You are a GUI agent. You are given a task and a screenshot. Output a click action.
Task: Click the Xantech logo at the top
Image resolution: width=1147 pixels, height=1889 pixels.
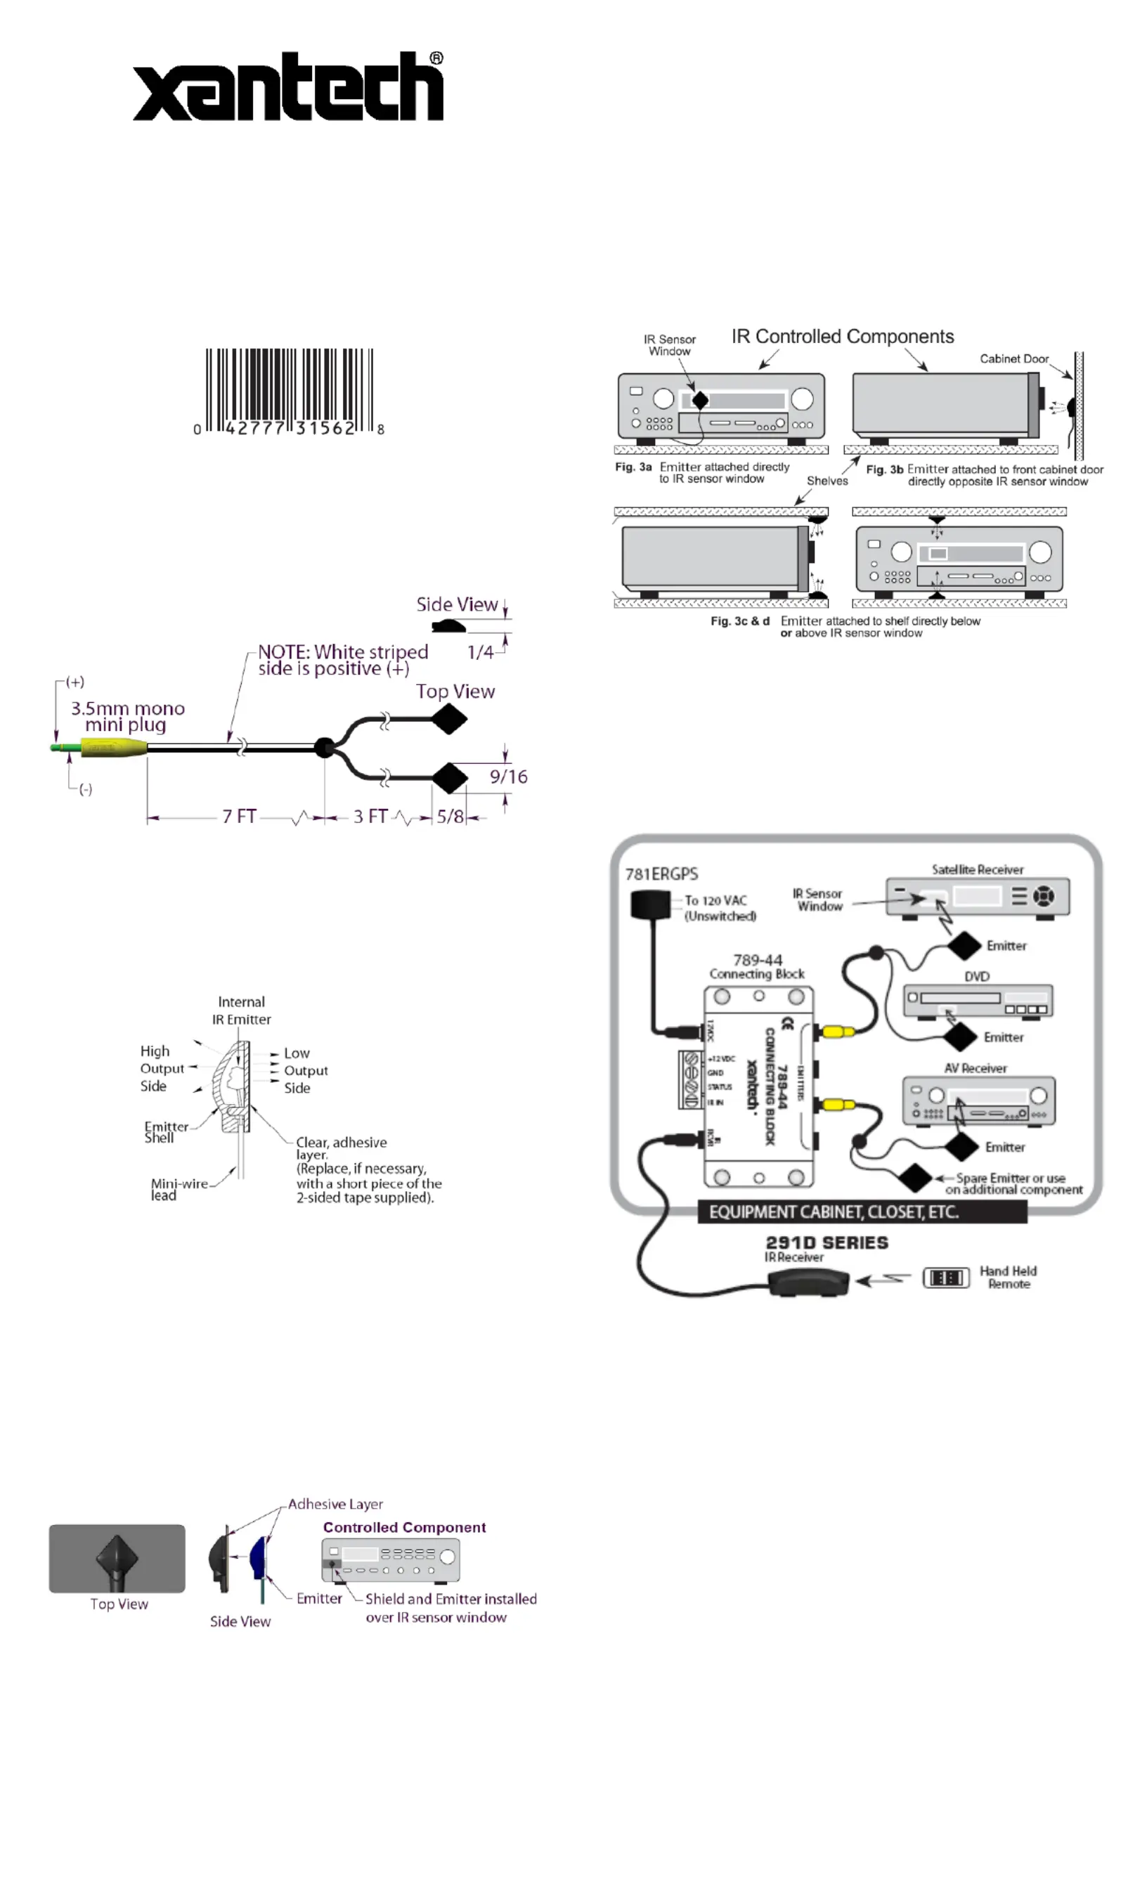pyautogui.click(x=287, y=86)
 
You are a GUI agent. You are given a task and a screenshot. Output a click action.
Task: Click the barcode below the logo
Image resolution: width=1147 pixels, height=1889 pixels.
pyautogui.click(x=289, y=389)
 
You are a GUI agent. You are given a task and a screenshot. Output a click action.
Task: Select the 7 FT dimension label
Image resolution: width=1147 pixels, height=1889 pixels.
pyautogui.click(x=239, y=817)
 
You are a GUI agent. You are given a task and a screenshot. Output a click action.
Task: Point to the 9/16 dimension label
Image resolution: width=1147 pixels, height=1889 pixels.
pyautogui.click(x=508, y=777)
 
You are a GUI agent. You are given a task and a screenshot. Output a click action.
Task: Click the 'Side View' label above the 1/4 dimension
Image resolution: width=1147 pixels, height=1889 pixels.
pyautogui.click(x=457, y=605)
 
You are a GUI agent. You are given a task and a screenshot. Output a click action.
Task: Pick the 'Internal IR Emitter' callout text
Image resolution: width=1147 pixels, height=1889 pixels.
pyautogui.click(x=242, y=1011)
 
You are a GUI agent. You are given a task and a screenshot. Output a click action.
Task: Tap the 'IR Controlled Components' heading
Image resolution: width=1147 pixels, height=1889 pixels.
pyautogui.click(x=842, y=337)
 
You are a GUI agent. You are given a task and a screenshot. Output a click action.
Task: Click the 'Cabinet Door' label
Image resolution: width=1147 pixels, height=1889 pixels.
pyautogui.click(x=1013, y=359)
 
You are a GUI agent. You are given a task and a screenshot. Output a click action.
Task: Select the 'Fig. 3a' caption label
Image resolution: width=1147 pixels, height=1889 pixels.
pyautogui.click(x=633, y=467)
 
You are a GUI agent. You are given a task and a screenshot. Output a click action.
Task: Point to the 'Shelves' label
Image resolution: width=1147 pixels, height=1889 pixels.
pyautogui.click(x=827, y=481)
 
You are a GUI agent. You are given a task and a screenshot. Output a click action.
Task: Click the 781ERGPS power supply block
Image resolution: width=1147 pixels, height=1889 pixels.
pyautogui.click(x=650, y=904)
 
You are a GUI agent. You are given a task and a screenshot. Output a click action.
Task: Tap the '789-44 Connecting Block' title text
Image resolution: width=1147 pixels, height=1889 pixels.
pyautogui.click(x=757, y=967)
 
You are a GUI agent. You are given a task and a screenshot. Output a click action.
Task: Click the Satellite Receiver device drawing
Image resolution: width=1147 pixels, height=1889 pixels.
pyautogui.click(x=978, y=896)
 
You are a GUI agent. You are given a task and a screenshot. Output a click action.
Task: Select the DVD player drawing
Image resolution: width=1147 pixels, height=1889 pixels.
pyautogui.click(x=978, y=1001)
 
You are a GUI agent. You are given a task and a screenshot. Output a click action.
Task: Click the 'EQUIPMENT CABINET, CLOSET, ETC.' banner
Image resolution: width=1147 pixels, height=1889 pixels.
pyautogui.click(x=862, y=1212)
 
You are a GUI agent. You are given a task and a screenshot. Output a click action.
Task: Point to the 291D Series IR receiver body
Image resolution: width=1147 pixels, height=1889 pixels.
pyautogui.click(x=808, y=1282)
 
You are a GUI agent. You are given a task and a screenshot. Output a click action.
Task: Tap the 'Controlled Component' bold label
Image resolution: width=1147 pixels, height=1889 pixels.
pyautogui.click(x=404, y=1527)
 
